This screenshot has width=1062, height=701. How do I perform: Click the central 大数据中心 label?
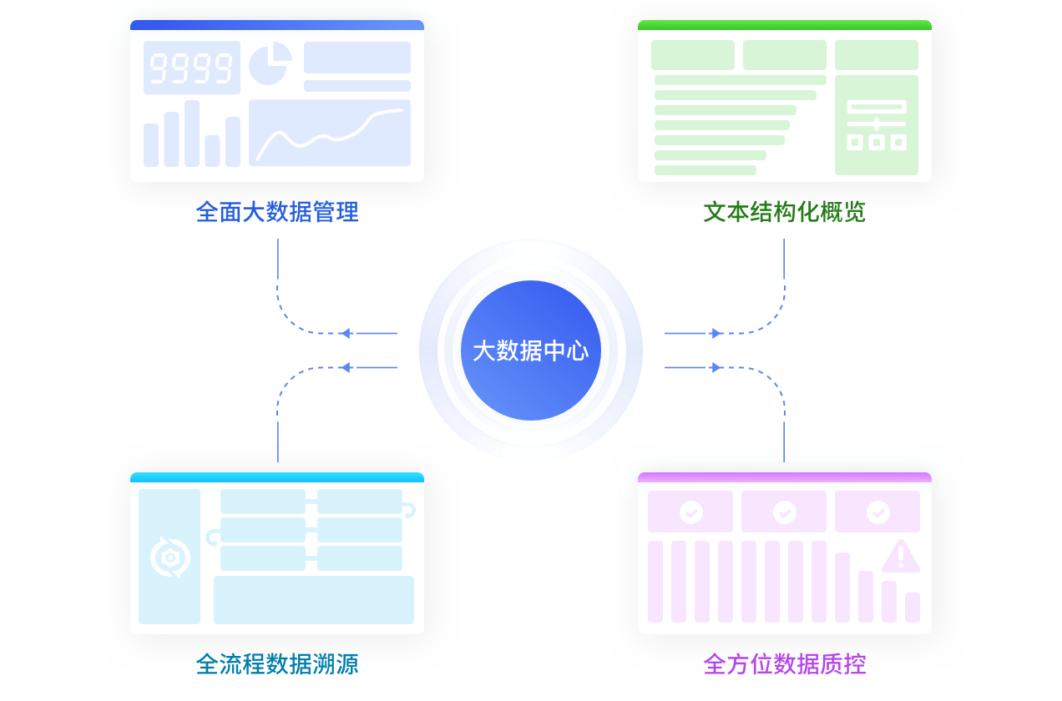pyautogui.click(x=530, y=350)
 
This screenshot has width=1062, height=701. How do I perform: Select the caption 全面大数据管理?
pyautogui.click(x=277, y=212)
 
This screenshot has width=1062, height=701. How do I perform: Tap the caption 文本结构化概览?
pyautogui.click(x=784, y=212)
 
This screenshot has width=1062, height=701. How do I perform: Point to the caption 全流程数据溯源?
pyautogui.click(x=277, y=664)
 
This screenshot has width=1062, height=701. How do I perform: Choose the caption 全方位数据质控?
pyautogui.click(x=784, y=664)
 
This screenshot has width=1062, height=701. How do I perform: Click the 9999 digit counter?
pyautogui.click(x=191, y=68)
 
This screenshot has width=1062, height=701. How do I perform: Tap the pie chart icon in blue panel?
pyautogui.click(x=271, y=64)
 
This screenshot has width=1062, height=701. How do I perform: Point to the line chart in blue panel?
pyautogui.click(x=329, y=134)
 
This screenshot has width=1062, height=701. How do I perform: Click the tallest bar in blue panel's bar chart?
pyautogui.click(x=192, y=134)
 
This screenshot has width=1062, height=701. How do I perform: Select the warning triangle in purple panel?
pyautogui.click(x=900, y=557)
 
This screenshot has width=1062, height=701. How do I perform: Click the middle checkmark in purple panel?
pyautogui.click(x=784, y=512)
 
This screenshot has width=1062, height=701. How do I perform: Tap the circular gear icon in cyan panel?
pyautogui.click(x=170, y=557)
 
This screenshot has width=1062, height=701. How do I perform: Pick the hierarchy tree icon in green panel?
pyautogui.click(x=876, y=125)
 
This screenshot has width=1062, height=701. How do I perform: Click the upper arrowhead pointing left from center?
pyautogui.click(x=346, y=334)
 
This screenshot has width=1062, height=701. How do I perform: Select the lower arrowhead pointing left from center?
pyautogui.click(x=346, y=367)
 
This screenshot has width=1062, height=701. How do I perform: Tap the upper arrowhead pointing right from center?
pyautogui.click(x=716, y=334)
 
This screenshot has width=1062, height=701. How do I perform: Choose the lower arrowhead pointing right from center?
pyautogui.click(x=716, y=367)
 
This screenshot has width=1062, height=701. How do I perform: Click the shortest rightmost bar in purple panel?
pyautogui.click(x=913, y=608)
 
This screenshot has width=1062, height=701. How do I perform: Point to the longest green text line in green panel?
pyautogui.click(x=740, y=80)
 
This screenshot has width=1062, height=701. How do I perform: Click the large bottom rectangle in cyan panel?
pyautogui.click(x=314, y=599)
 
